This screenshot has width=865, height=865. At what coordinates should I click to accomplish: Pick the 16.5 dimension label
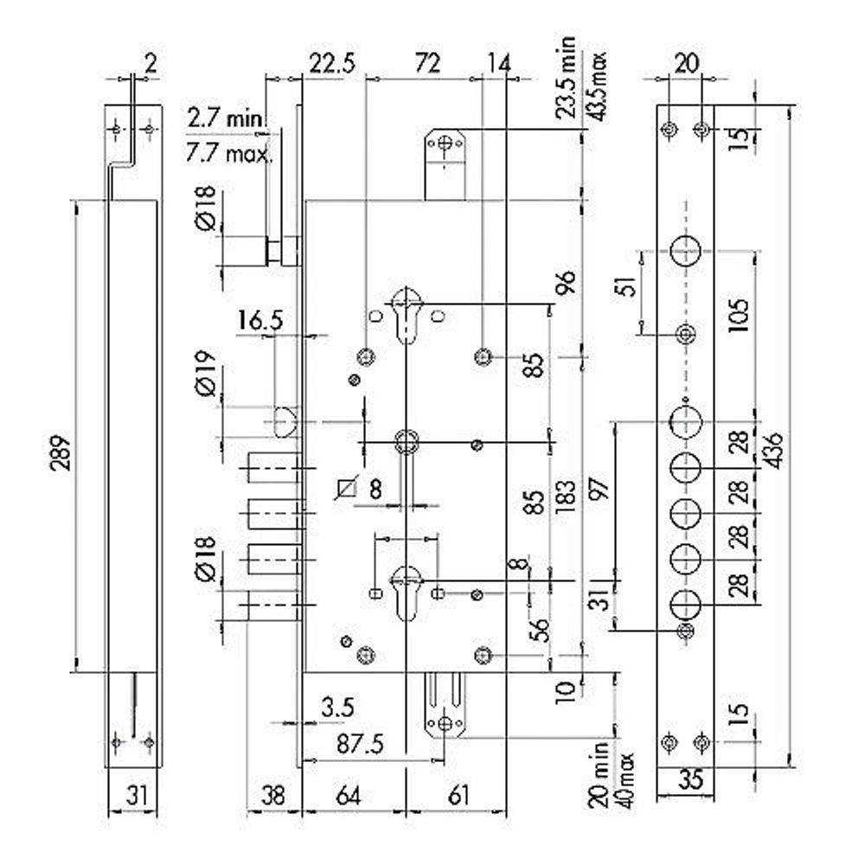(259, 321)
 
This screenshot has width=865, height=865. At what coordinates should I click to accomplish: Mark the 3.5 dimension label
(337, 708)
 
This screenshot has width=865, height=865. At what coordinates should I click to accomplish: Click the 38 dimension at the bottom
(274, 794)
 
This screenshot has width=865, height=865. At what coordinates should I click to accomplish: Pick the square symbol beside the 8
(347, 490)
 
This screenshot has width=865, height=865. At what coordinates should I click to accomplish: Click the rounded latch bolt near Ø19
(286, 421)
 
